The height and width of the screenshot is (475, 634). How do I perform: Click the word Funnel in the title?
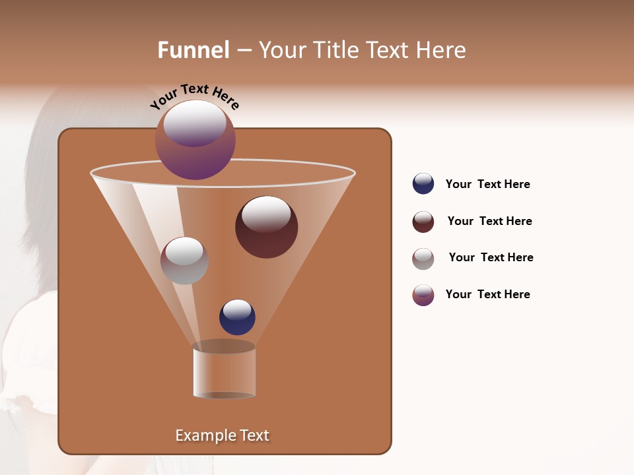click(x=193, y=50)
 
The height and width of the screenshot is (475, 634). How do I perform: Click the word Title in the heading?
click(x=335, y=50)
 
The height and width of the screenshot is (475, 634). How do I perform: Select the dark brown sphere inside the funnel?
click(x=266, y=227)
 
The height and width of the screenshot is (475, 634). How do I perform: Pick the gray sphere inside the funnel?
click(x=184, y=261)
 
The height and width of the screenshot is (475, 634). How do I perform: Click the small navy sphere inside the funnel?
click(x=237, y=317)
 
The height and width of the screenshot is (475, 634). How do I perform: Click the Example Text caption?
click(x=223, y=435)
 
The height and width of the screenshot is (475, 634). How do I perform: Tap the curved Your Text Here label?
click(x=195, y=96)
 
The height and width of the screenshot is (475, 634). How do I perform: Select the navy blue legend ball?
click(x=423, y=183)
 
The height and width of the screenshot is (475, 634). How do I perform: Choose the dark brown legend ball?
click(x=423, y=222)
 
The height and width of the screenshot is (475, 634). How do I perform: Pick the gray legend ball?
click(x=423, y=259)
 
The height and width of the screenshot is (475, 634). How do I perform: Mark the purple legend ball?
click(x=423, y=295)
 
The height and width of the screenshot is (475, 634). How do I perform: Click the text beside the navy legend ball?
click(x=487, y=184)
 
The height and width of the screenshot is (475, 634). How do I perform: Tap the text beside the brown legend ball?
click(x=489, y=221)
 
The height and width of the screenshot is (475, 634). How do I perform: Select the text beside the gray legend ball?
click(x=491, y=257)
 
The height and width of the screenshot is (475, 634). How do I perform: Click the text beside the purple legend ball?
click(x=487, y=294)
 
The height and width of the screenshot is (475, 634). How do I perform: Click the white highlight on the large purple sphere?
click(x=195, y=123)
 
